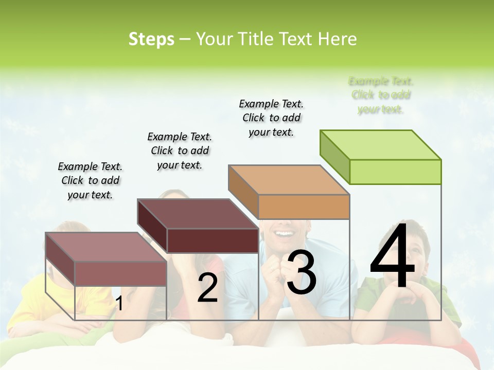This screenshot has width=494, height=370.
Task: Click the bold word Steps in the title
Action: coord(151,39)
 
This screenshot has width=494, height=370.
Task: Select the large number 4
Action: coord(392,256)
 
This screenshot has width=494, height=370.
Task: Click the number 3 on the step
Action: coord(302,273)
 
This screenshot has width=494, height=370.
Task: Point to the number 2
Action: coord(207,288)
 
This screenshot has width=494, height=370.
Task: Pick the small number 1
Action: coord(119,304)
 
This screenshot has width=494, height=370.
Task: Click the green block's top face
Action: coord(380,144)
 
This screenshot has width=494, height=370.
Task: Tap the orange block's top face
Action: coord(288,180)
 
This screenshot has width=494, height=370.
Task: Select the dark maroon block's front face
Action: coord(213,240)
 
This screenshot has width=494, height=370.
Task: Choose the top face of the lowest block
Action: coord(105,247)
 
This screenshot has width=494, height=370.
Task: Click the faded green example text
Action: coord(381,95)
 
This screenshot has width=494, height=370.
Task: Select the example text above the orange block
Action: coord(271,118)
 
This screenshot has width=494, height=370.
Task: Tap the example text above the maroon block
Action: coord(180,151)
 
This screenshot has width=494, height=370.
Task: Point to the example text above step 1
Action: coord(90,180)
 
